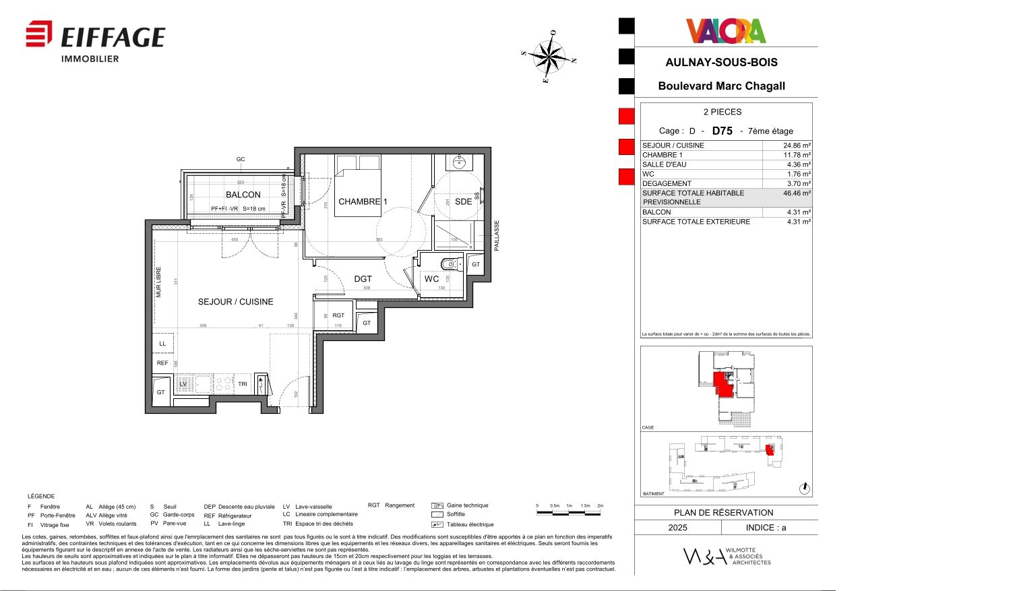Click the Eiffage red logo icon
click(38, 34)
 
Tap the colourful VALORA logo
click(726, 31)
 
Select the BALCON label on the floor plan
click(243, 195)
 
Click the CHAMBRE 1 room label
click(363, 201)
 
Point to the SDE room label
click(463, 201)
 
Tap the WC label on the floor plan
click(431, 279)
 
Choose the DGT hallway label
click(363, 279)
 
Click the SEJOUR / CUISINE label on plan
click(235, 302)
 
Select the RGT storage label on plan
click(338, 315)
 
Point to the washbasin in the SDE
click(460, 162)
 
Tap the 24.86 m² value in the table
click(797, 146)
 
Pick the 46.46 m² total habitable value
click(797, 193)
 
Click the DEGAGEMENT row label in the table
click(667, 183)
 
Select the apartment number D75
click(722, 131)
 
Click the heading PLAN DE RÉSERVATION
click(723, 513)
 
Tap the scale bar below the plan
click(569, 513)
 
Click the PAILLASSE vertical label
click(497, 235)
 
